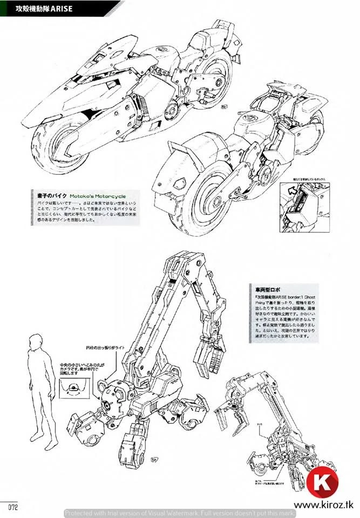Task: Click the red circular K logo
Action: point(322,482)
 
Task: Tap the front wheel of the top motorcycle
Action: point(59,142)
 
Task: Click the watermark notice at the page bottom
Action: point(180,513)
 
